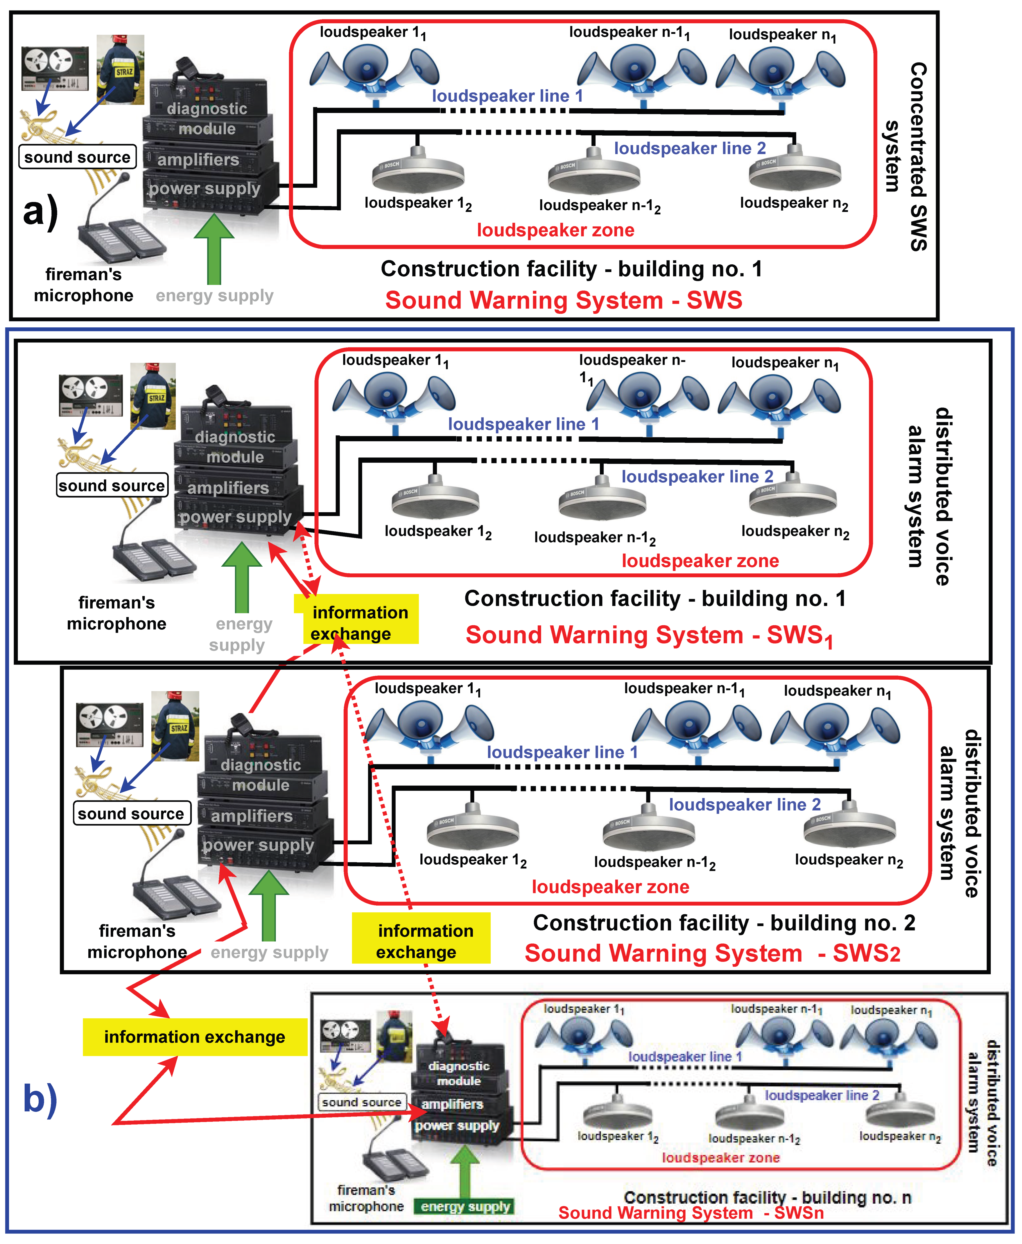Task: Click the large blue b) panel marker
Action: [40, 1098]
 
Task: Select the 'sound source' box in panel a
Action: [77, 157]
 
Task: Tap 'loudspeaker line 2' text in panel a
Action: [689, 148]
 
